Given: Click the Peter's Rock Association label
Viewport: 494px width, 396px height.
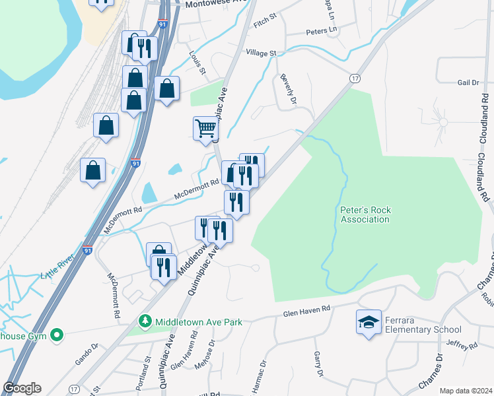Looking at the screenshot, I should pyautogui.click(x=365, y=214).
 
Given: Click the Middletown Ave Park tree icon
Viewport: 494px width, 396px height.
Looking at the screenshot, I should pyautogui.click(x=146, y=322).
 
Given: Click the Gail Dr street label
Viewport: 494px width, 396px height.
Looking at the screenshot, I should pyautogui.click(x=468, y=82).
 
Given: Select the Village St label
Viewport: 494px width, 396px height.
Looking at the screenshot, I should pyautogui.click(x=261, y=53).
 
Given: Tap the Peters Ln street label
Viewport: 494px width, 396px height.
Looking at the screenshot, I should pyautogui.click(x=322, y=31).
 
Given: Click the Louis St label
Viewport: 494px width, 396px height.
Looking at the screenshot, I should pyautogui.click(x=197, y=63).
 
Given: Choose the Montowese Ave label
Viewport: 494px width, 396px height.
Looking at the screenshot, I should pyautogui.click(x=205, y=4).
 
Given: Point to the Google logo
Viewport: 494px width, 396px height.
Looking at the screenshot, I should pyautogui.click(x=22, y=388).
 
